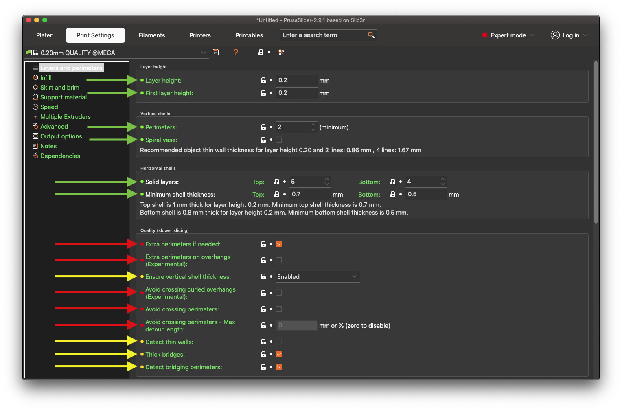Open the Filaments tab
151,35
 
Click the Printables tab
249,35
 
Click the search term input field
324,35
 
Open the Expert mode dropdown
508,35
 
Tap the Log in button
569,35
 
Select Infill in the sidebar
46,78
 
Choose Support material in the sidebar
63,97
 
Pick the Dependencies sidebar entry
60,156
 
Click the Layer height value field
296,80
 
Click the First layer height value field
296,93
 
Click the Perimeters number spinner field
293,127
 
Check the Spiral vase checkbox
279,140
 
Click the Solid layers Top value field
306,182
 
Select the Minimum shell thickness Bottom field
425,194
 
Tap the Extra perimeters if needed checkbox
279,244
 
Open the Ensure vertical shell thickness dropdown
318,277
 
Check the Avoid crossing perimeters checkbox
279,309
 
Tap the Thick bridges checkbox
279,354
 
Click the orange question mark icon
236,52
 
